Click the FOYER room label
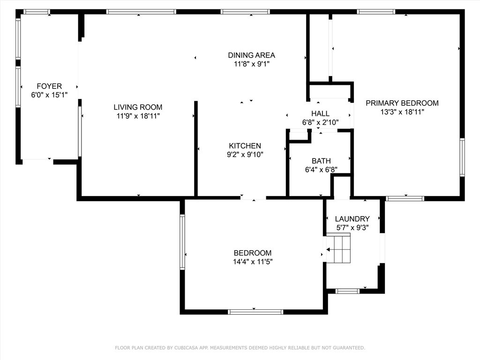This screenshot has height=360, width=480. tap(49, 86)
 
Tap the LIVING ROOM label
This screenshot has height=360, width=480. tap(138, 107)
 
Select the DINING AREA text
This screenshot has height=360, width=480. tap(252, 55)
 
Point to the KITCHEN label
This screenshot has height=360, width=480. tap(245, 146)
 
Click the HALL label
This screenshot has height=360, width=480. tap(321, 113)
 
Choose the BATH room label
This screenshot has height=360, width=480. tap(321, 161)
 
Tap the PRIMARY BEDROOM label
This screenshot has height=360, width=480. tap(402, 103)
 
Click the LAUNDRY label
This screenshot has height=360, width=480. tap(352, 218)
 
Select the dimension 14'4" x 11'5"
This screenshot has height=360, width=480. tap(253, 262)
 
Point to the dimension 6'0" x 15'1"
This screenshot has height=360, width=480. tap(49, 95)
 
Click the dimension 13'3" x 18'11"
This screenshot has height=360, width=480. tap(402, 112)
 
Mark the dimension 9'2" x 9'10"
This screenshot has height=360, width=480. tap(245, 155)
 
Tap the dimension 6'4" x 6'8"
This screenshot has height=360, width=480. tap(321, 170)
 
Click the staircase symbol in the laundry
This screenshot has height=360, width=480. tap(338, 248)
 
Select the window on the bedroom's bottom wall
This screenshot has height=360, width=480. tap(255, 312)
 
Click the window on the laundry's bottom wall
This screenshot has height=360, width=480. tap(347, 291)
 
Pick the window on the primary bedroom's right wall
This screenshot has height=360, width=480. tap(462, 157)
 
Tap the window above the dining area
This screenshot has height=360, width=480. tap(245, 12)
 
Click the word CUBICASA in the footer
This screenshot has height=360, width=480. tap(187, 348)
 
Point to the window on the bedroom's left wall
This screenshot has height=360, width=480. tap(182, 242)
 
